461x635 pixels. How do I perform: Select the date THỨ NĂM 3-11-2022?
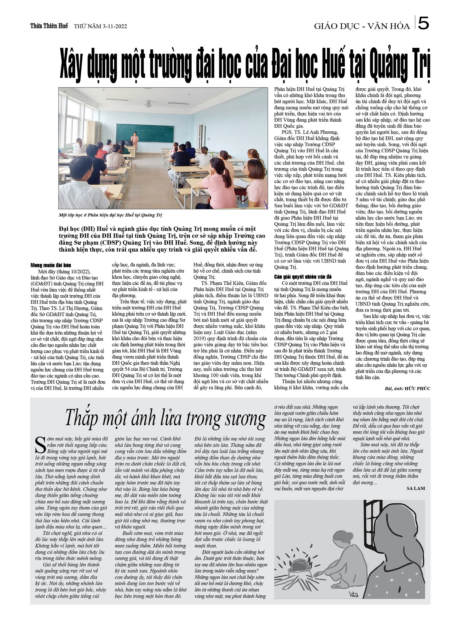(x=100, y=26)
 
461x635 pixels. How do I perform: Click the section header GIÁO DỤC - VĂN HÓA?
(x=362, y=26)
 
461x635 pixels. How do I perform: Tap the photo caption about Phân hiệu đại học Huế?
(x=110, y=215)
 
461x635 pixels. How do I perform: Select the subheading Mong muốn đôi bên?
(x=51, y=265)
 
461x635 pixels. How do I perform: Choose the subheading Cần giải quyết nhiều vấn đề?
(x=303, y=277)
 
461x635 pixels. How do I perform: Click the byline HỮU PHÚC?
(x=417, y=388)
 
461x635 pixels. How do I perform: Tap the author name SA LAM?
(x=416, y=488)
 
